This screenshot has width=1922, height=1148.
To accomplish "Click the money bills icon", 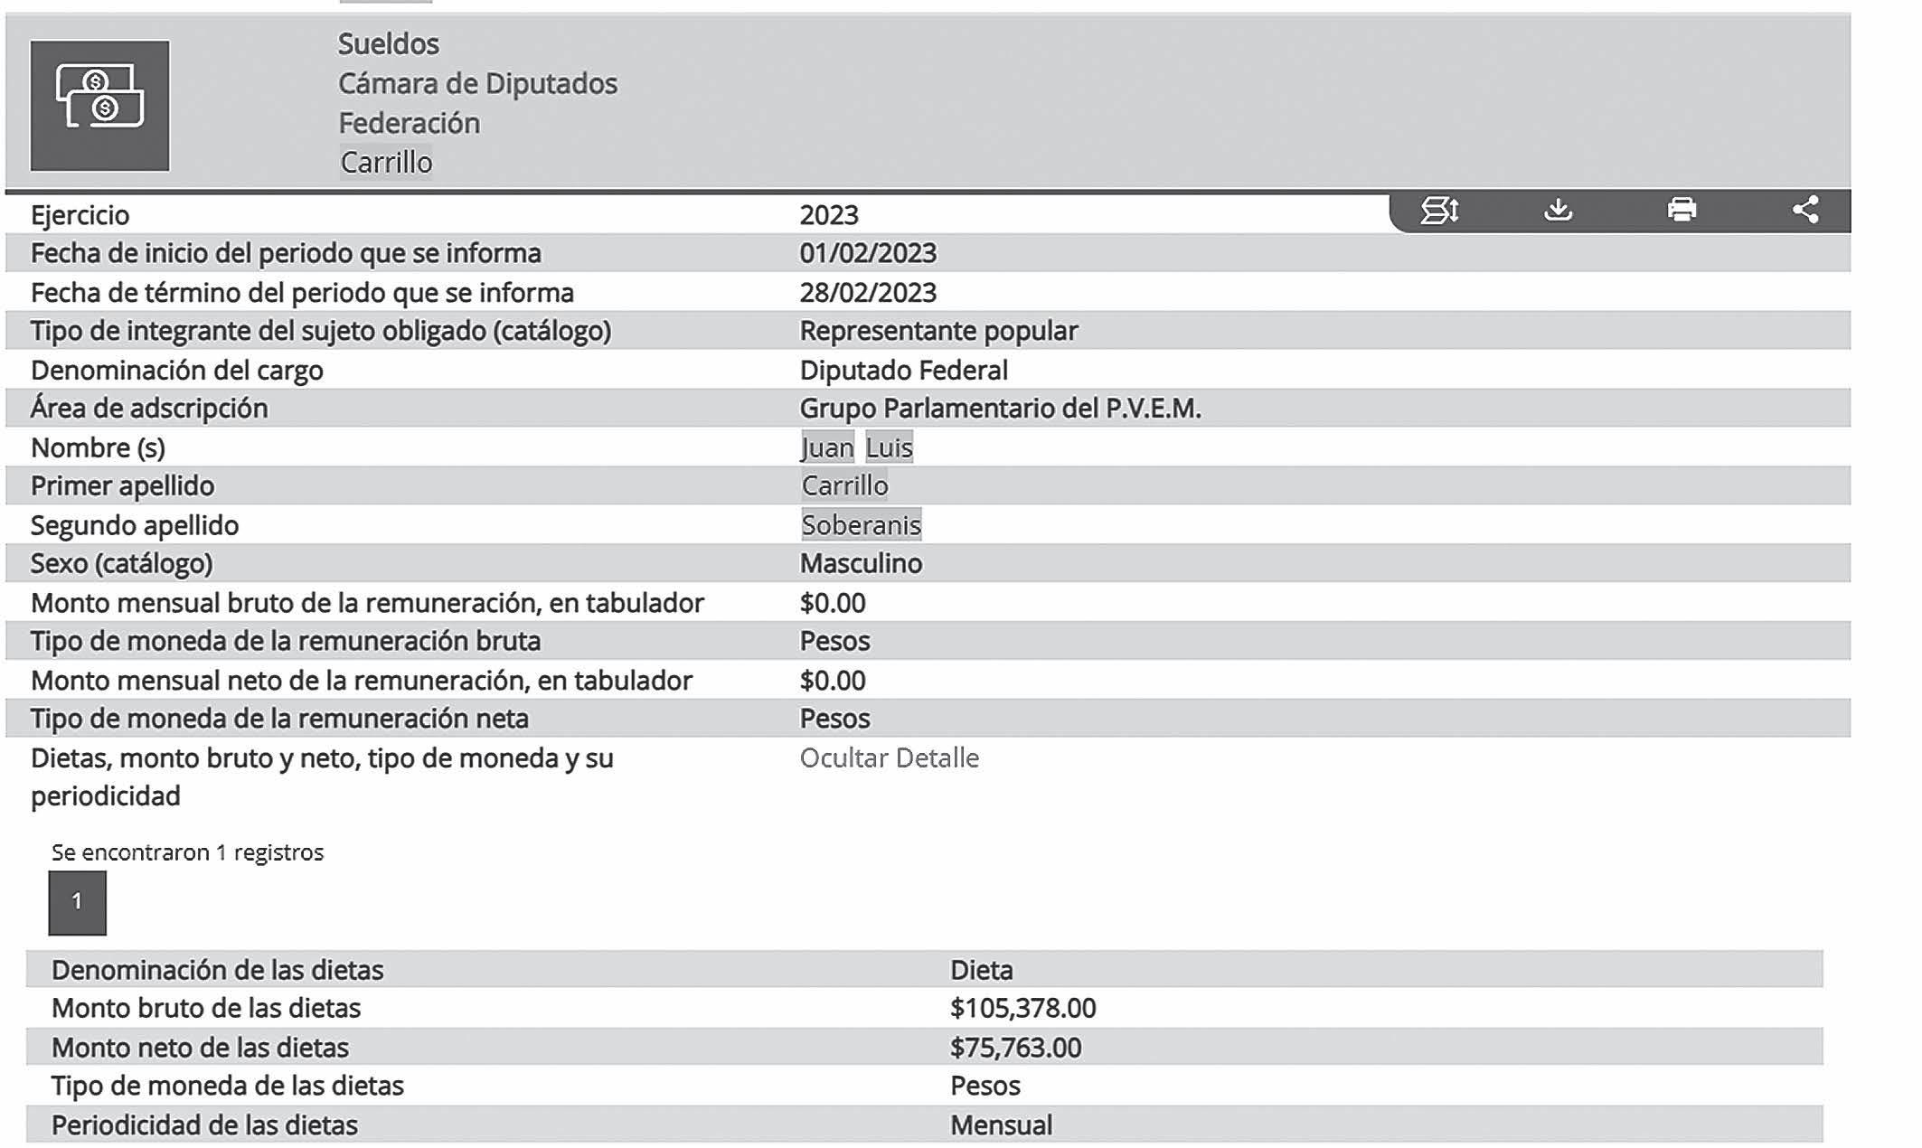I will [99, 105].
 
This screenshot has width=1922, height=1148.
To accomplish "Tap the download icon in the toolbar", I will [1558, 211].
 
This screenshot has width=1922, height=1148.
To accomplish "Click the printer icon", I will [1682, 211].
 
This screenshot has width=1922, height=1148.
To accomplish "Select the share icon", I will [1805, 211].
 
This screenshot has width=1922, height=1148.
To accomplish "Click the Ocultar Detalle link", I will [889, 757].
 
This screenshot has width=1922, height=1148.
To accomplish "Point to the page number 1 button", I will [77, 902].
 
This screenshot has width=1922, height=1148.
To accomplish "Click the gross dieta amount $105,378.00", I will [1022, 1008].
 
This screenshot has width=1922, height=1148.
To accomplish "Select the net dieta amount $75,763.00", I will [1015, 1048].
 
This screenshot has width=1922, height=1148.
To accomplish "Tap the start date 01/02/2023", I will [868, 253].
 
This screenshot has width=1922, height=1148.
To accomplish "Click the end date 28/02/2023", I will [868, 293].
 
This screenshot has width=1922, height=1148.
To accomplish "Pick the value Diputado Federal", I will [903, 371].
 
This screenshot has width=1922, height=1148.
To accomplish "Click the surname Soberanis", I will [861, 525].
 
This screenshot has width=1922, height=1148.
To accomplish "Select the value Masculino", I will [861, 564].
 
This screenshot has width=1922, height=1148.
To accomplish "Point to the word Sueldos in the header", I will [388, 44].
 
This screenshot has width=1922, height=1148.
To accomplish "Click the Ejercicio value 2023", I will [829, 215].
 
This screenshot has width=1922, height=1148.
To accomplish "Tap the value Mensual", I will [1001, 1125].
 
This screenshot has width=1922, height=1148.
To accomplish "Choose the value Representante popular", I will [938, 331].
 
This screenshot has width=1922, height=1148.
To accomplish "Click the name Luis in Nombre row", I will [889, 447].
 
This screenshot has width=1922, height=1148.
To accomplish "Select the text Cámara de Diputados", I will [477, 84].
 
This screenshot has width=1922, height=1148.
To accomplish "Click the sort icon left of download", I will [1439, 211].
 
